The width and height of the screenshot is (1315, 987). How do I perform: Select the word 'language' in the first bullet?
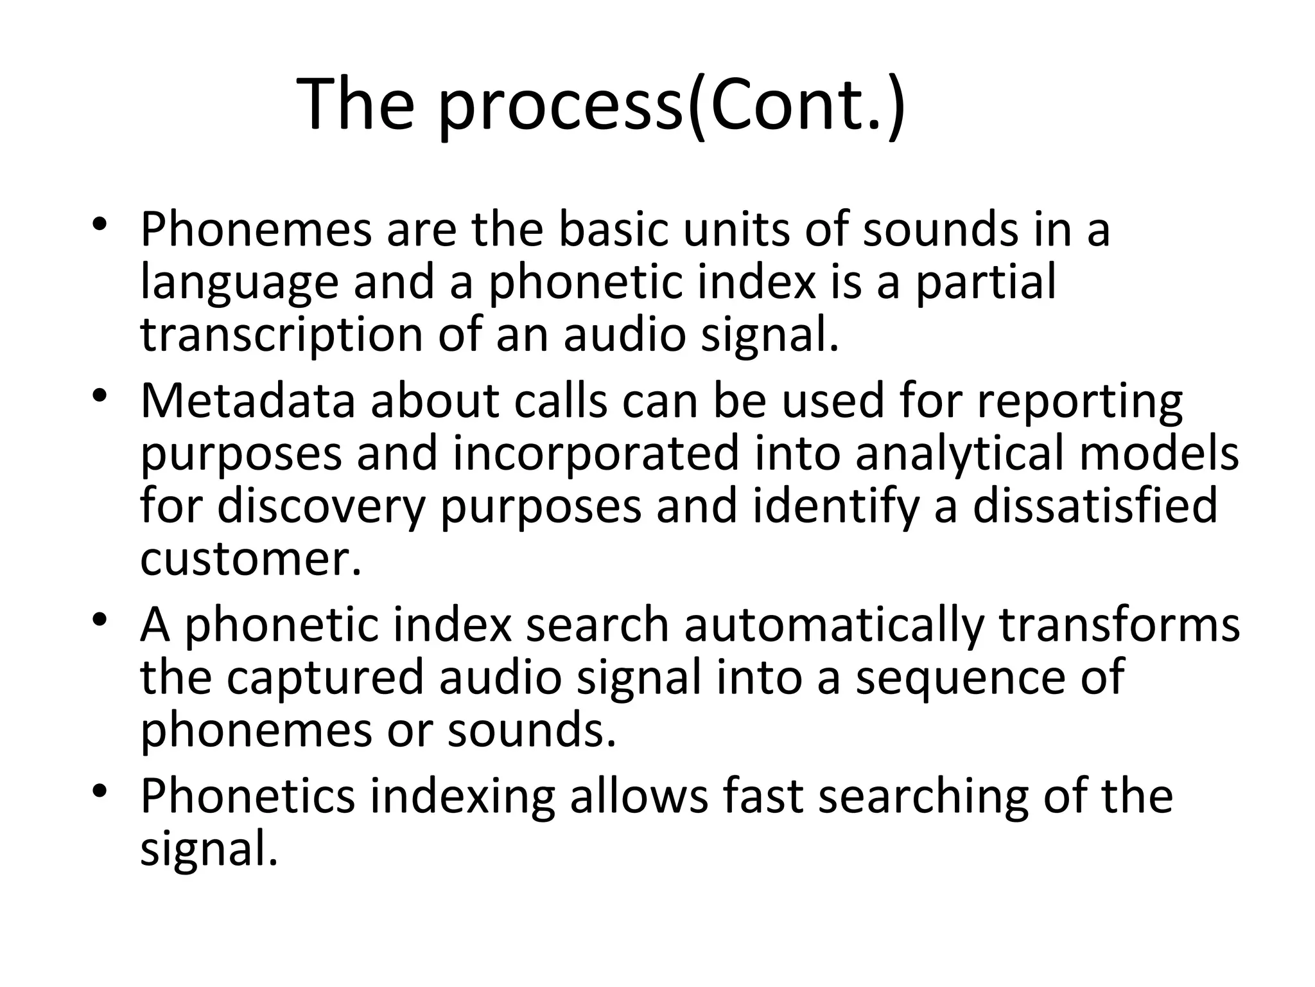click(239, 284)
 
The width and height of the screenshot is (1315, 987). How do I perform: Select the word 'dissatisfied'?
click(1095, 506)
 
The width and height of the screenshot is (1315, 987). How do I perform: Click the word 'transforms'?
click(1119, 625)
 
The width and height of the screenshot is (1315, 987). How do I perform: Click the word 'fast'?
click(763, 796)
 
